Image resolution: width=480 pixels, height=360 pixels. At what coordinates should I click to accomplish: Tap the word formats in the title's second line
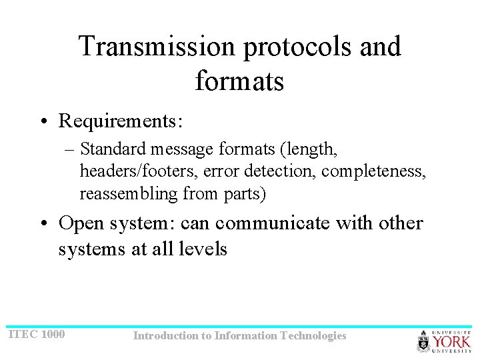[x=239, y=81]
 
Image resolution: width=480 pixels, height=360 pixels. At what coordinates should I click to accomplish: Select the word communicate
[x=271, y=223]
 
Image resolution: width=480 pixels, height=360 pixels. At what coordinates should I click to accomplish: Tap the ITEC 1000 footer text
[x=37, y=333]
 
